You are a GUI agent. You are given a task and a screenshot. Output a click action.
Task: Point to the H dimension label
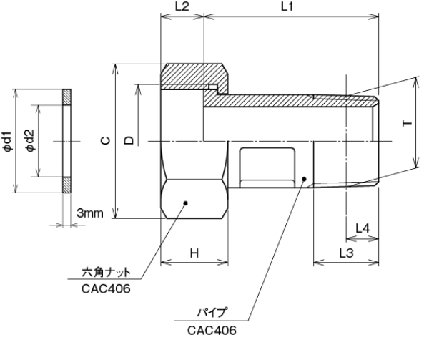tap(194, 253)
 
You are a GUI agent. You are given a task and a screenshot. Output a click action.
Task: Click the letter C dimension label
tap(104, 141)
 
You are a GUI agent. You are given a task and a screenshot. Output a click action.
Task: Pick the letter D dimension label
tap(129, 141)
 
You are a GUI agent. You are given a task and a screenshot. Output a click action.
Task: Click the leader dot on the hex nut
tap(185, 203)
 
